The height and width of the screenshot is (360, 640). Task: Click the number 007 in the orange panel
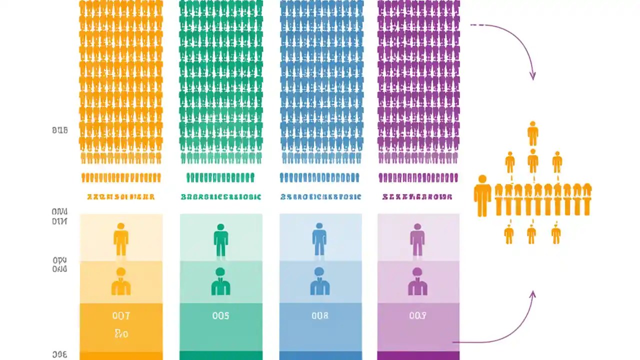(x=121, y=315)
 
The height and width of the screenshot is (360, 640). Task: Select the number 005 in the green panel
(x=220, y=315)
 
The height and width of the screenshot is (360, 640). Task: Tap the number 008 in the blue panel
(x=320, y=315)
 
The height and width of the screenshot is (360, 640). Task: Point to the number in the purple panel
(x=418, y=315)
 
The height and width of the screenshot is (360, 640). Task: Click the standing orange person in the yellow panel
(x=121, y=239)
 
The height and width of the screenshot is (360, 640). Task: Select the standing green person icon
(x=220, y=239)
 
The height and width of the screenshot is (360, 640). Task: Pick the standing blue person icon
(x=319, y=239)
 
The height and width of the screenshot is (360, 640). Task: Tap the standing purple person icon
(x=417, y=239)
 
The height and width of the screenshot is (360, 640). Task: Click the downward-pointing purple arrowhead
(x=532, y=76)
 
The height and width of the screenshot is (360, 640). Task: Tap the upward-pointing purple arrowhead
(x=532, y=295)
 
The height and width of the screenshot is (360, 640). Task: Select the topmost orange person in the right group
(x=533, y=133)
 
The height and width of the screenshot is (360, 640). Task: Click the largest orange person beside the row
(x=482, y=195)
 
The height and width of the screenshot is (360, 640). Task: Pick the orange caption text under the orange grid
(x=121, y=197)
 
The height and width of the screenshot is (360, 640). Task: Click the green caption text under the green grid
(x=220, y=197)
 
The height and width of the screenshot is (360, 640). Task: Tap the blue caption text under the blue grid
(x=320, y=197)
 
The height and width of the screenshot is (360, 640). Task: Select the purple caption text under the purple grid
(x=417, y=197)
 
